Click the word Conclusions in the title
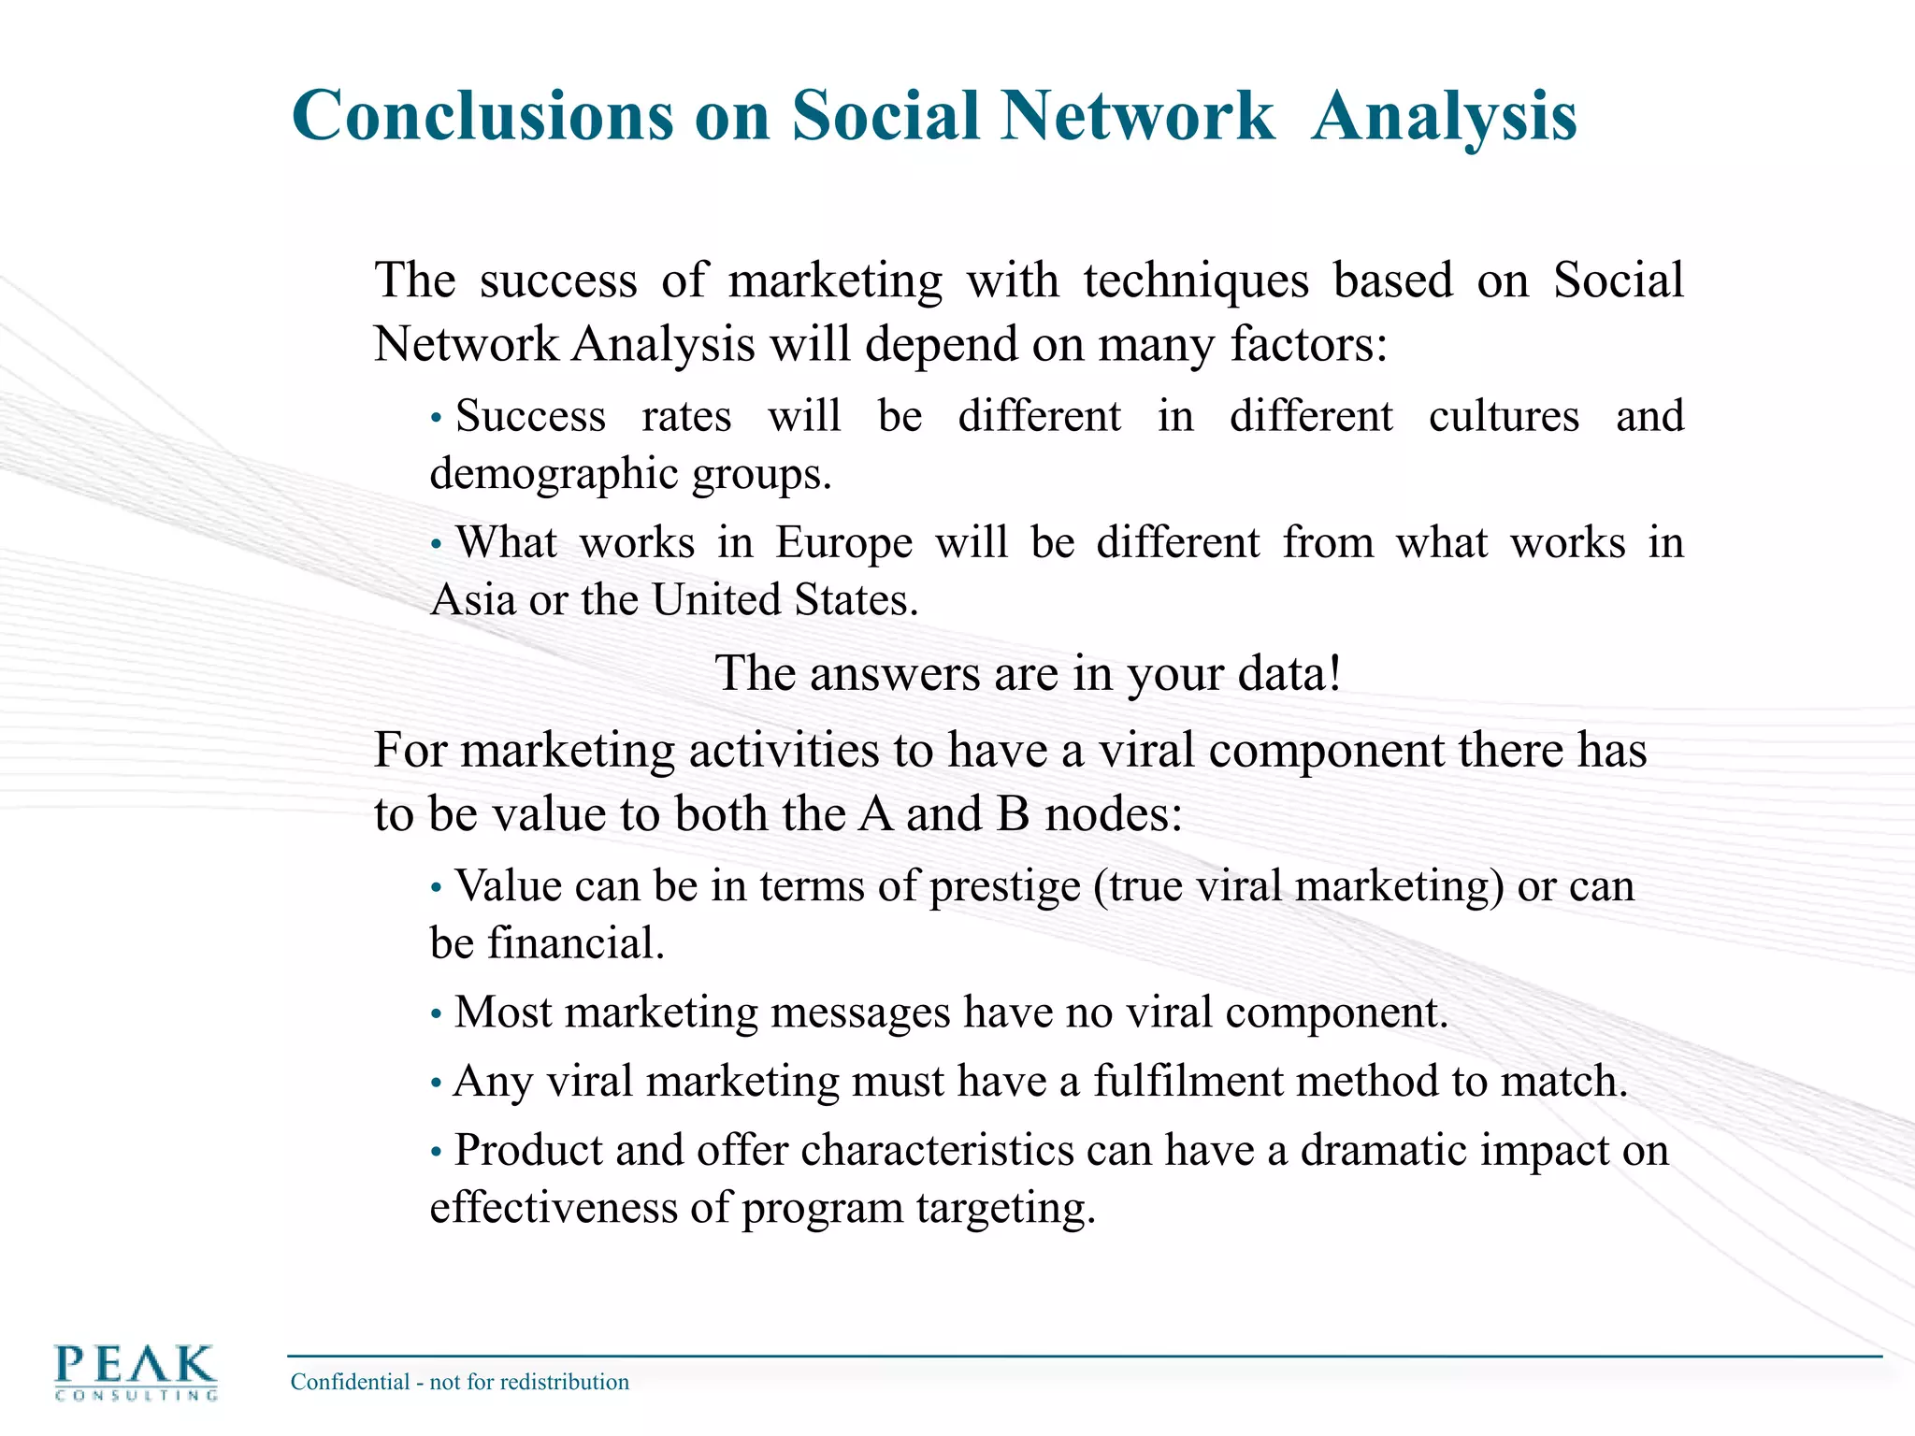click(x=482, y=116)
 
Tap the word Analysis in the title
click(x=1445, y=116)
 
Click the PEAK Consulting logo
click(x=137, y=1371)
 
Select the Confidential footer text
click(x=459, y=1382)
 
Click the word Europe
click(x=843, y=543)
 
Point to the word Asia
click(x=473, y=600)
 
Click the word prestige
click(x=1005, y=887)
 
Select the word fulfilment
click(x=1188, y=1082)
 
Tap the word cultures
click(x=1504, y=417)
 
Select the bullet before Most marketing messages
click(x=436, y=1014)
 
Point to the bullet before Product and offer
click(x=436, y=1152)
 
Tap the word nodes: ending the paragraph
click(x=1114, y=814)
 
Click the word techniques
click(x=1196, y=280)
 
